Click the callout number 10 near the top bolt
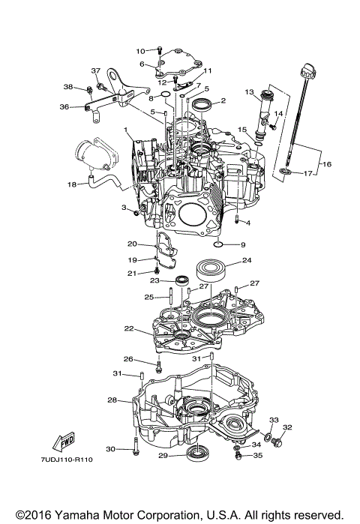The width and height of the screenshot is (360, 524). [140, 51]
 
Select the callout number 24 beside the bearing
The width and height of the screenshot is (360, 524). [247, 262]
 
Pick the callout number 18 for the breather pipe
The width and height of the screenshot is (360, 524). [72, 184]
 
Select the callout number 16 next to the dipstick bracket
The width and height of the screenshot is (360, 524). [325, 163]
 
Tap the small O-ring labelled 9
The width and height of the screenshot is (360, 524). [217, 244]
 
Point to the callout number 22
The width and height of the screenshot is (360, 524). [130, 329]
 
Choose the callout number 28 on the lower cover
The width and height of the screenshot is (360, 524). [112, 400]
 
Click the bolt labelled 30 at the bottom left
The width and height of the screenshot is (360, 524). [135, 448]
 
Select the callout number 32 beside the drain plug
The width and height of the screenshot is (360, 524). [287, 427]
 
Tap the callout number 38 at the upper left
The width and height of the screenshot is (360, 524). [67, 88]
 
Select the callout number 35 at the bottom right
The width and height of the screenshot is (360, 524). [258, 455]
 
